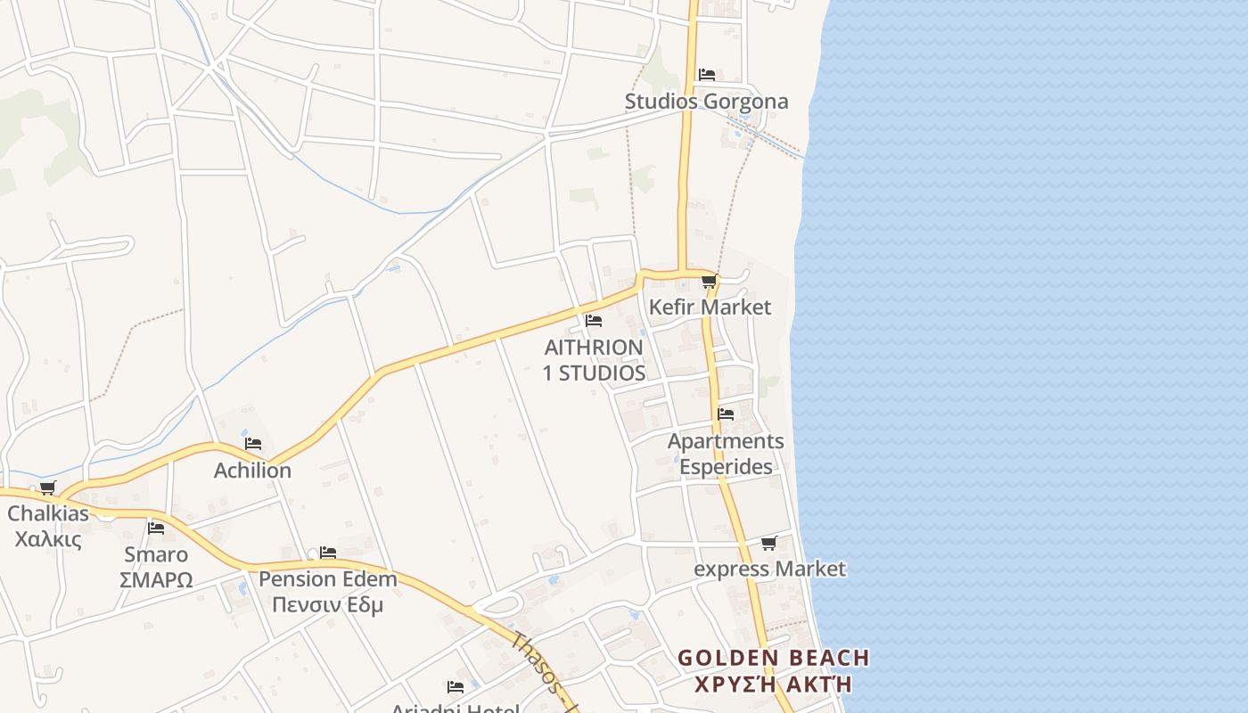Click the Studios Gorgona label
[706, 102]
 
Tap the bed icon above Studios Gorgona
[707, 75]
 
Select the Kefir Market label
[710, 307]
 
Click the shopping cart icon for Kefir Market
[709, 283]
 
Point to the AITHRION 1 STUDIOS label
[594, 360]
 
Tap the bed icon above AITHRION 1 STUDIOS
[594, 321]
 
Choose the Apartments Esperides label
[726, 454]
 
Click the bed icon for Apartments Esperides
[726, 414]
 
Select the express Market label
[769, 569]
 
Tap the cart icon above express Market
[768, 543]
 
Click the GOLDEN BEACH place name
[773, 659]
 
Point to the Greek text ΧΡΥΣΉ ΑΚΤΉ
[773, 684]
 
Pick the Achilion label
[252, 470]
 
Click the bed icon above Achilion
[253, 444]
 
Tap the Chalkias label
[48, 513]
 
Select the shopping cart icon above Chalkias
[47, 488]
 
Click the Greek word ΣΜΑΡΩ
[156, 580]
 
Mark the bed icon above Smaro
[156, 529]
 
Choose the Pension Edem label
[327, 579]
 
